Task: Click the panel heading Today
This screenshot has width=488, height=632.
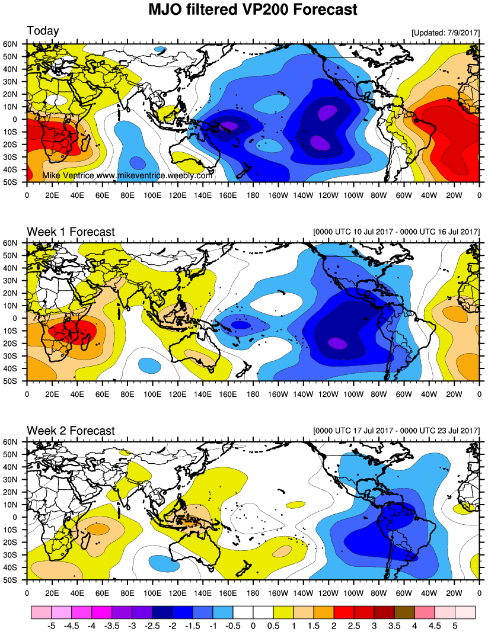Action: [x=42, y=31]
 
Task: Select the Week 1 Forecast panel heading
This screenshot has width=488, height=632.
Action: [x=71, y=232]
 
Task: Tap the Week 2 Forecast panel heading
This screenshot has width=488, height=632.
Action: [x=71, y=431]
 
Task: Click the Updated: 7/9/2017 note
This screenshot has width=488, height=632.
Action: [x=445, y=33]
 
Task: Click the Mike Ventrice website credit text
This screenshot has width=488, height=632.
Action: [x=127, y=176]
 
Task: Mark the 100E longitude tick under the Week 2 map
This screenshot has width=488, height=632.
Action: [x=152, y=592]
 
